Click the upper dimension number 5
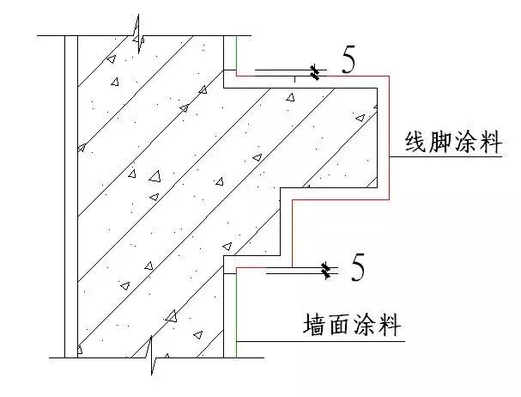click(348, 60)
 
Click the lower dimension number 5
click(358, 268)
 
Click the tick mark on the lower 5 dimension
click(327, 272)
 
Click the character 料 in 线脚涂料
click(494, 143)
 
